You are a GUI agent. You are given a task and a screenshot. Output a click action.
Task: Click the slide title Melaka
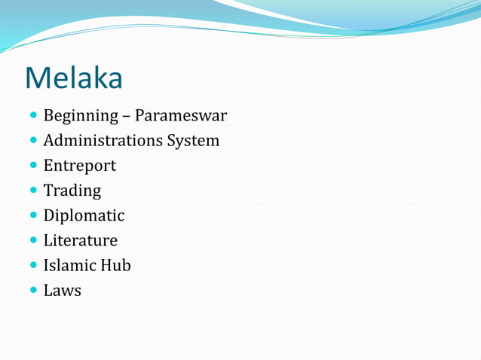(73, 77)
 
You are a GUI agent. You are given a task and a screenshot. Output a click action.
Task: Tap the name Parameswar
(181, 116)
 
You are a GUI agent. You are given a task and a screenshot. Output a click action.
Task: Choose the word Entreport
(79, 166)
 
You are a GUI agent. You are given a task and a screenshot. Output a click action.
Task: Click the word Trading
(72, 191)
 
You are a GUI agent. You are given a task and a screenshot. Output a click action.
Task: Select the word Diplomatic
(84, 216)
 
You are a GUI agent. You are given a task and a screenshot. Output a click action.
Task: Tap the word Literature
(80, 241)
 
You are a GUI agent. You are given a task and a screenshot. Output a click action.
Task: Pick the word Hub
(118, 266)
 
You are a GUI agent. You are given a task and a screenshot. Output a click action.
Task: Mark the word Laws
(62, 291)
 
